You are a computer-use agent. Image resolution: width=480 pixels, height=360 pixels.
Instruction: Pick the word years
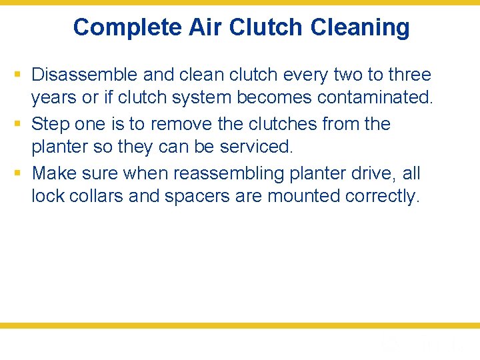pyautogui.click(x=54, y=98)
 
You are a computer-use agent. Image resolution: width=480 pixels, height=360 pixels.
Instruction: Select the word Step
pyautogui.click(x=49, y=124)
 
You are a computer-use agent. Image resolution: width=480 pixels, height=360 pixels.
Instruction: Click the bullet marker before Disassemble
pyautogui.click(x=19, y=75)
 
